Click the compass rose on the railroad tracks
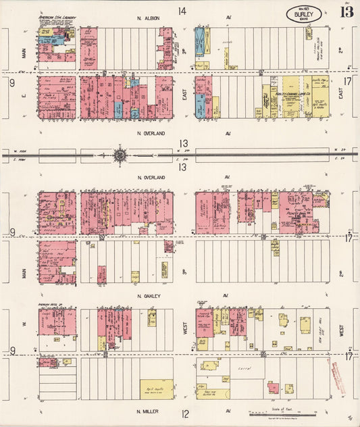tap(120, 156)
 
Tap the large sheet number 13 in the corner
tap(345, 14)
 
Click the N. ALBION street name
tap(147, 18)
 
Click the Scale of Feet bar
tap(284, 411)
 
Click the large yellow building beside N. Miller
tap(156, 389)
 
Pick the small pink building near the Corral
tap(273, 388)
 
